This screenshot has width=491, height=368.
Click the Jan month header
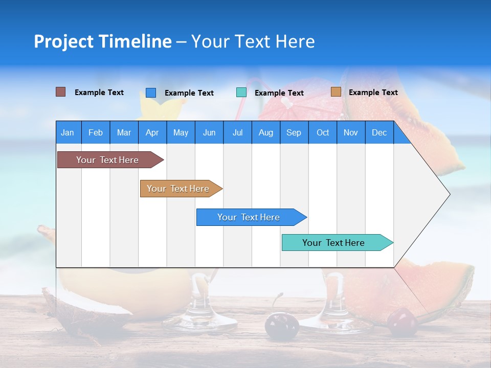pyautogui.click(x=68, y=132)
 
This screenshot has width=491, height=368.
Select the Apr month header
pyautogui.click(x=152, y=132)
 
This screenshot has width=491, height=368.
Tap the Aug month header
pyautogui.click(x=265, y=132)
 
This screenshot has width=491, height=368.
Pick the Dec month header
pyautogui.click(x=379, y=132)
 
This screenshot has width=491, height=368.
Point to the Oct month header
pyautogui.click(x=322, y=132)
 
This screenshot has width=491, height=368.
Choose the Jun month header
pyautogui.click(x=209, y=132)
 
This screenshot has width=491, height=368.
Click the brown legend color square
pyautogui.click(x=61, y=92)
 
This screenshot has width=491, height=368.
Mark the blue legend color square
pyautogui.click(x=151, y=93)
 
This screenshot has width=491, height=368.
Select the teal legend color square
pyautogui.click(x=241, y=93)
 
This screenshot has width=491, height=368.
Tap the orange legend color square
pyautogui.click(x=336, y=92)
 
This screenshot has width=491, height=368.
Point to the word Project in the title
pyautogui.click(x=63, y=41)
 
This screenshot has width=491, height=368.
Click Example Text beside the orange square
pyautogui.click(x=373, y=93)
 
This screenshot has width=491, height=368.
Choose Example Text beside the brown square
pyautogui.click(x=99, y=93)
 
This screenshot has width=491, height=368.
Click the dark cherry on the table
pyautogui.click(x=281, y=326)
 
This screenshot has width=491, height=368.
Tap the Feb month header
pyautogui.click(x=95, y=132)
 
